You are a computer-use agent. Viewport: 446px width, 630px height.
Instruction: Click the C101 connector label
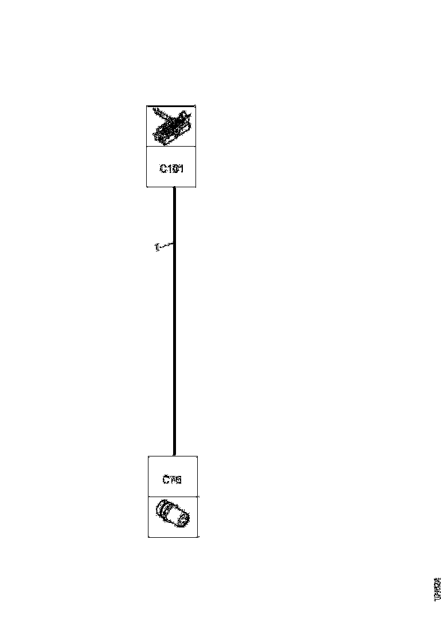171,168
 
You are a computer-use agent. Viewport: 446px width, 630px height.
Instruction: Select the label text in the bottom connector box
172,479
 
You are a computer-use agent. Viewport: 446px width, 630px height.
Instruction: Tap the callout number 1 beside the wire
156,248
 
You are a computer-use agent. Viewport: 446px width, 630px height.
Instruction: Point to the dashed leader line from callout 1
165,246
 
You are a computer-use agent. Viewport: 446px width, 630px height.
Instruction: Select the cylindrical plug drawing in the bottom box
173,515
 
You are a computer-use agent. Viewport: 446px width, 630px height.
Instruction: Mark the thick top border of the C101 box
171,106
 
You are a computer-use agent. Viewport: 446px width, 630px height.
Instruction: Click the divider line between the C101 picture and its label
171,147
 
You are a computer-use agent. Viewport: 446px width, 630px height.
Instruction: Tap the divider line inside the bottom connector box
173,496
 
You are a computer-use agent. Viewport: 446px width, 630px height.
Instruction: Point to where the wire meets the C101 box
174,187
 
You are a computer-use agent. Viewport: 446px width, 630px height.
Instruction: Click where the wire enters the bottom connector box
174,455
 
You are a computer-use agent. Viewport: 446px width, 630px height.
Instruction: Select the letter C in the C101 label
163,168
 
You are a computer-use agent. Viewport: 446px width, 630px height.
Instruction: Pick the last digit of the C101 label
181,168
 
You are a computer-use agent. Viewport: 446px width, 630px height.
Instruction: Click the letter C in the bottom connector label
165,479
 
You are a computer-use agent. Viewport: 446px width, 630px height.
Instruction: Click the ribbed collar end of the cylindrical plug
163,509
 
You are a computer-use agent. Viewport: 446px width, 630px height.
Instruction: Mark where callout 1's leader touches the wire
173,244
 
